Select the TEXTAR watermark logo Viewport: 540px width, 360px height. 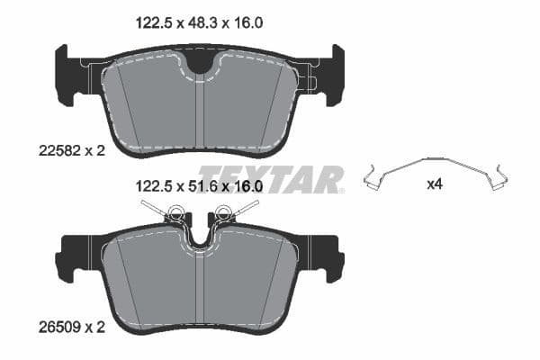point(270,178)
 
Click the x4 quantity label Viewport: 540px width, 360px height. point(435,184)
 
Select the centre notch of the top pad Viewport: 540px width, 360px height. point(202,62)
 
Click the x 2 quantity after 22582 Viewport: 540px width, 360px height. point(94,151)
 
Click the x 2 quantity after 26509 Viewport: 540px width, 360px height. point(94,327)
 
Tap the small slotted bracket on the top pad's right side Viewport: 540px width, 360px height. point(306,84)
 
